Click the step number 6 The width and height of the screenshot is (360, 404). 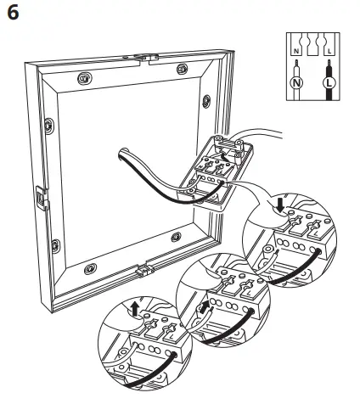point(13,14)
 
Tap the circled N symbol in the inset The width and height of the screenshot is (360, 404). point(296,83)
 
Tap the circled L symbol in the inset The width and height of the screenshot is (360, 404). point(329,83)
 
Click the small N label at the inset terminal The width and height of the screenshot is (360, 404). point(296,51)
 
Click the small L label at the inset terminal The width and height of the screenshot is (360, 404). point(329,51)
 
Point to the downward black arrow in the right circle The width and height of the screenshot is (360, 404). point(280,205)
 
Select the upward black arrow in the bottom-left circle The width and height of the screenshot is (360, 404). point(135,308)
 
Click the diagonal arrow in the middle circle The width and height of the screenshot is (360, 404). point(203,307)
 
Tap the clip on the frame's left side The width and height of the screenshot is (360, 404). point(42,198)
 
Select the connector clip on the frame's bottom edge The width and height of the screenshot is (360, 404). point(145,269)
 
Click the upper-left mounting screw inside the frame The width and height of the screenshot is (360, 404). point(84,78)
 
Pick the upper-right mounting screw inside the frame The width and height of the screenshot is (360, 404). point(182,69)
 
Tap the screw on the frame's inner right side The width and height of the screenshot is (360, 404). point(206,101)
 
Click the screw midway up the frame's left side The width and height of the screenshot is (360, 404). point(49,126)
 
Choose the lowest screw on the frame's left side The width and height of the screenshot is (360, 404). point(56,246)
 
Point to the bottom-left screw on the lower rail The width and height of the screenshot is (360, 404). point(90,268)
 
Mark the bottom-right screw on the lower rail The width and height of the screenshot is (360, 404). point(176,237)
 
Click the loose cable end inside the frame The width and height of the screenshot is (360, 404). point(122,154)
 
